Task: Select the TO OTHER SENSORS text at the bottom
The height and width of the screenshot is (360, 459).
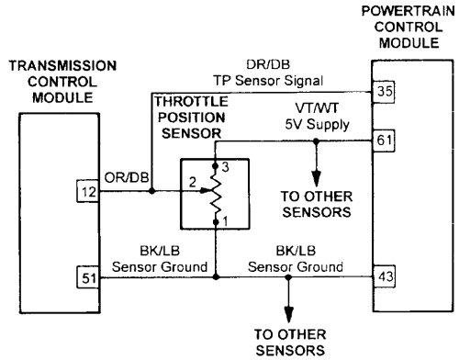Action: point(287,342)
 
